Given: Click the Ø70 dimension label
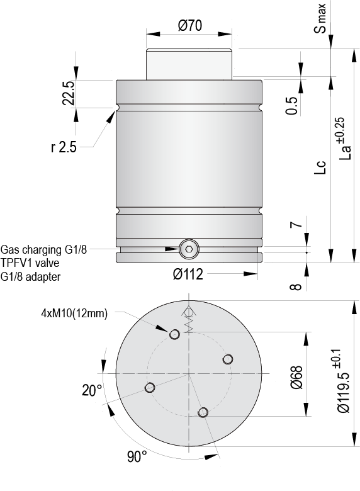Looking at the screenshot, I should pyautogui.click(x=189, y=26).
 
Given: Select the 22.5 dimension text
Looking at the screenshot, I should pyautogui.click(x=69, y=93).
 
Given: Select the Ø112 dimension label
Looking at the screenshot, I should pyautogui.click(x=188, y=274).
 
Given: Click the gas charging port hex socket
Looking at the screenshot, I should pyautogui.click(x=188, y=249).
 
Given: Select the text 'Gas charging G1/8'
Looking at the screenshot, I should pyautogui.click(x=44, y=249).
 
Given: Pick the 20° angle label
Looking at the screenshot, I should pyautogui.click(x=92, y=390).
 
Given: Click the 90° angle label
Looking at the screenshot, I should pyautogui.click(x=137, y=456).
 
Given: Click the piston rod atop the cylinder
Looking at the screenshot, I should pyautogui.click(x=189, y=64).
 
